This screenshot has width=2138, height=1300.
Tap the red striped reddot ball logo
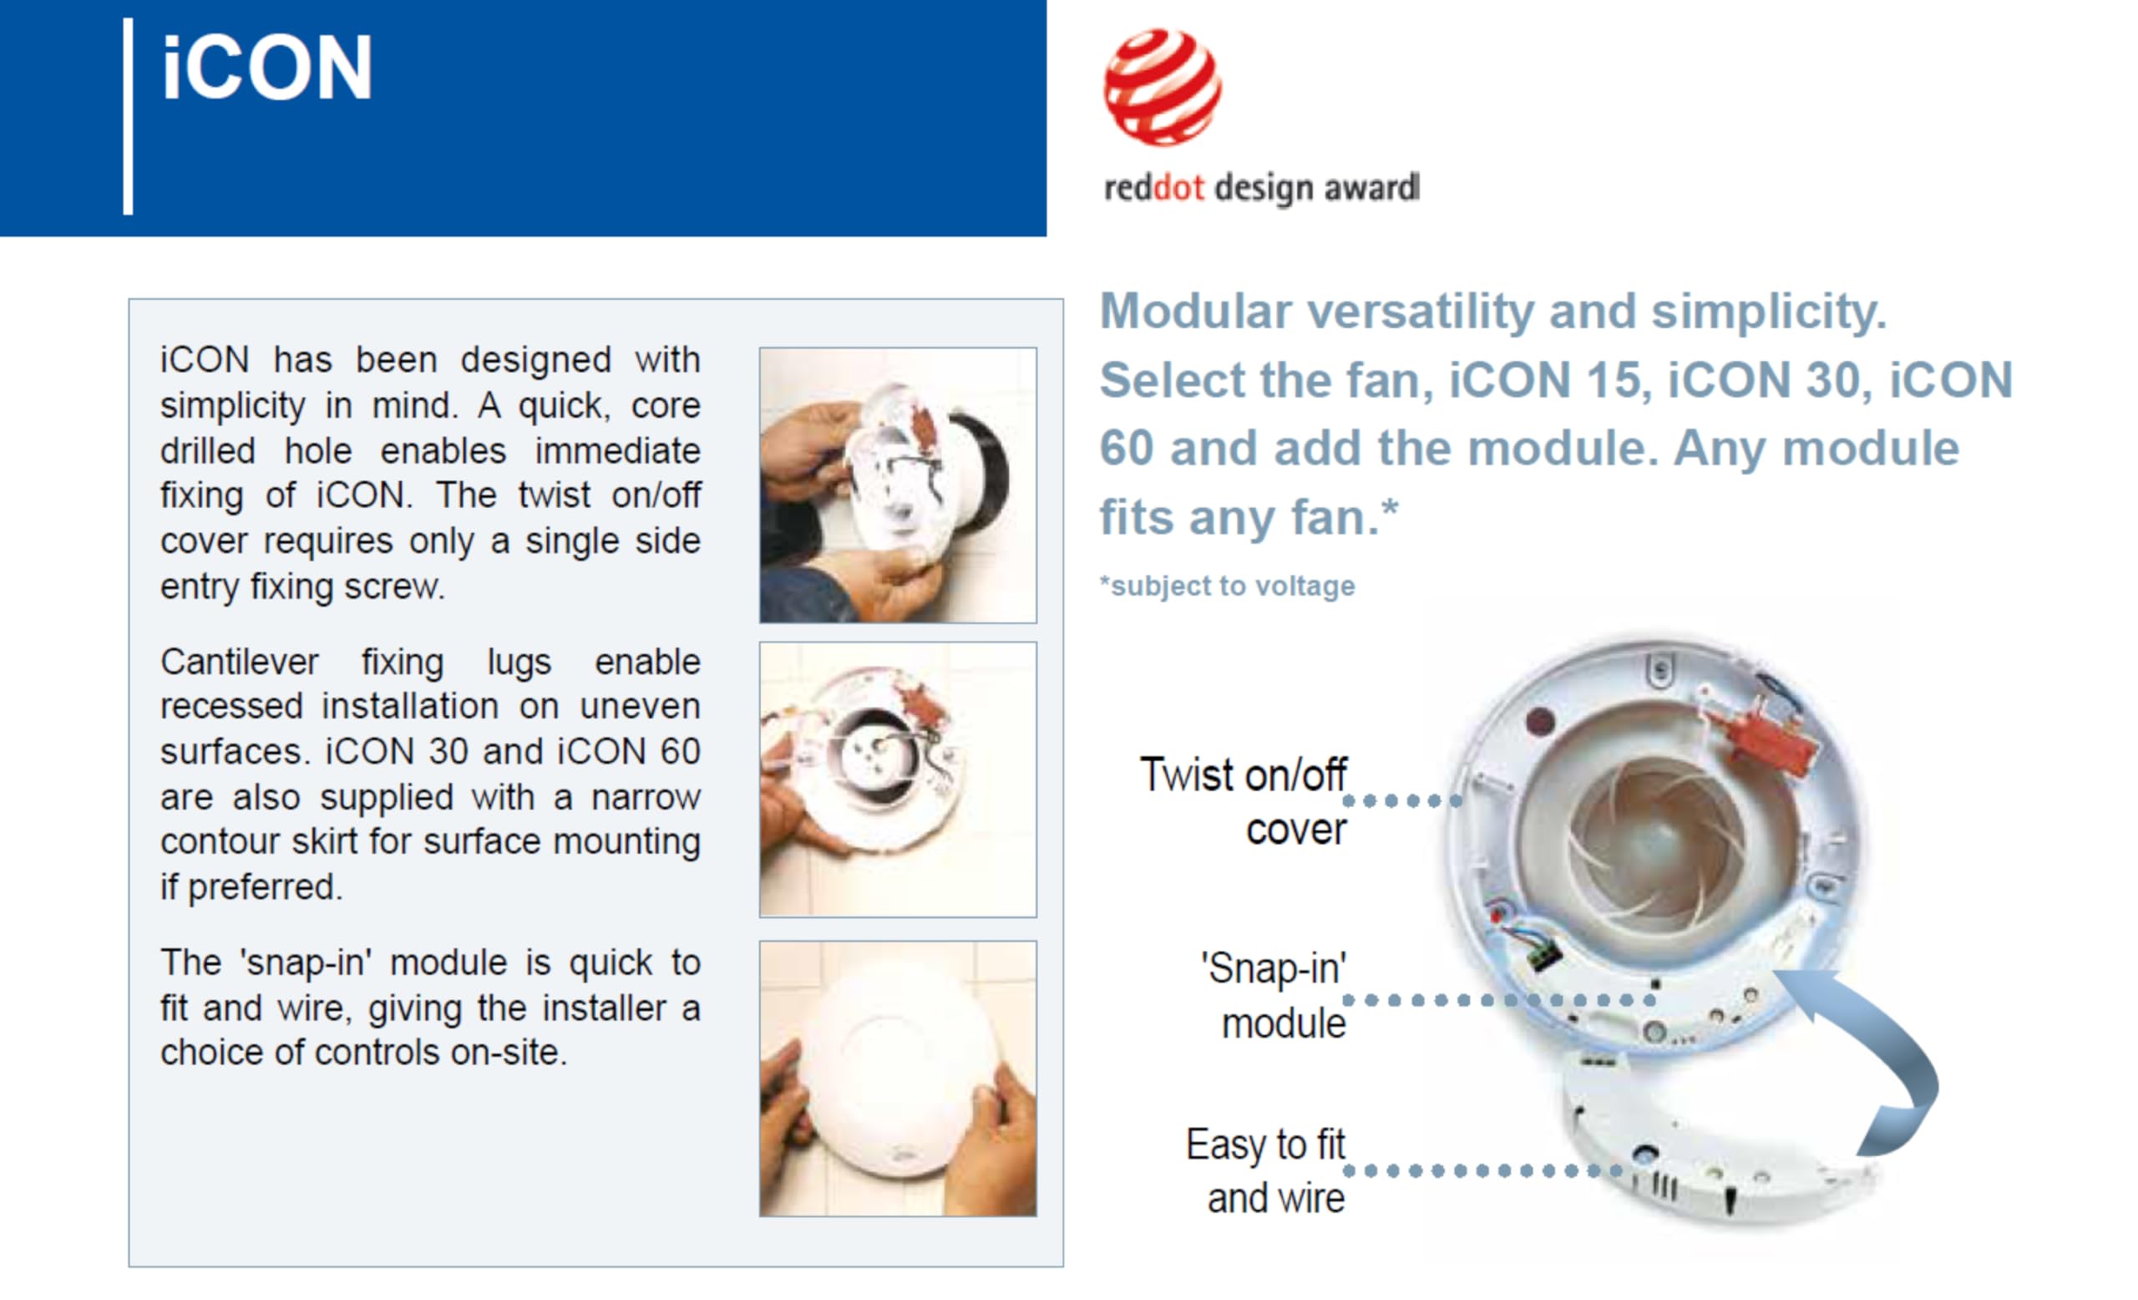pyautogui.click(x=1162, y=87)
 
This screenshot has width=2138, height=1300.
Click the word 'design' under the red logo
pyautogui.click(x=1263, y=188)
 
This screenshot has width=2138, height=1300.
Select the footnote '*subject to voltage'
pyautogui.click(x=1227, y=586)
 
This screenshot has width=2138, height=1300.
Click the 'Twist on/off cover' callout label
pyautogui.click(x=1244, y=801)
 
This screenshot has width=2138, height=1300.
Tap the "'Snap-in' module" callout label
pyautogui.click(x=1274, y=995)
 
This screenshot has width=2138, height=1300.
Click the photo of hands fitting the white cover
pyautogui.click(x=898, y=1079)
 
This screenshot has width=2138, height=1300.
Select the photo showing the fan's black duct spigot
pyautogui.click(x=898, y=485)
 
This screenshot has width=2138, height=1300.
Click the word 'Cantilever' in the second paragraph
pyautogui.click(x=240, y=663)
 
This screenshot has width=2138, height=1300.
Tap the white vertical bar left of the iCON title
pyautogui.click(x=129, y=116)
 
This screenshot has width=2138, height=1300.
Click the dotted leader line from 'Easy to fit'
pyautogui.click(x=1484, y=1171)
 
